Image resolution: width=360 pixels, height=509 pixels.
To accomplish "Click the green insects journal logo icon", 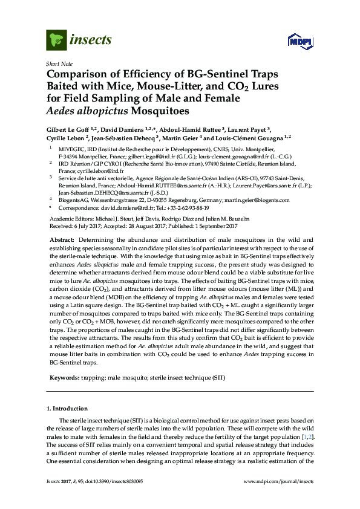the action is (x=56, y=40).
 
